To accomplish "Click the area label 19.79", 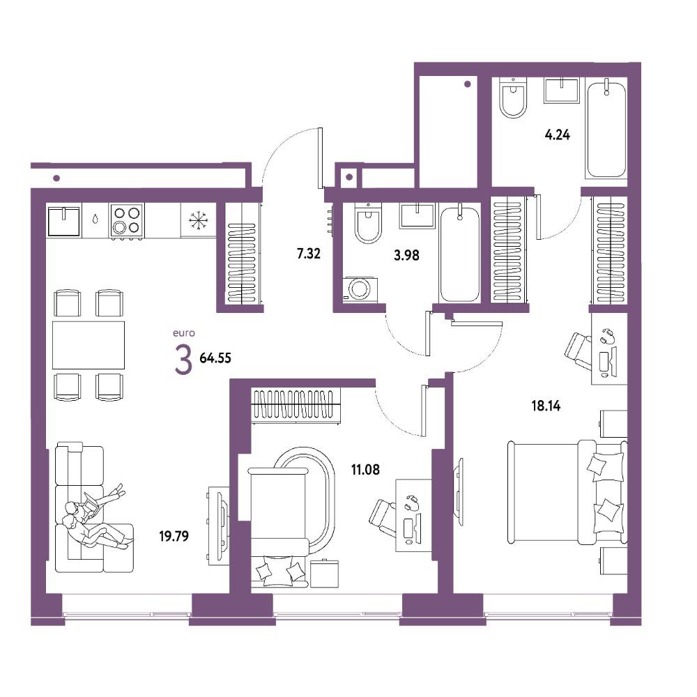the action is [174, 536].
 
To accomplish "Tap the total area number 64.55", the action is [215, 358].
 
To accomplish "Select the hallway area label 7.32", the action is [309, 254].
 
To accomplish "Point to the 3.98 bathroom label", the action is [406, 256].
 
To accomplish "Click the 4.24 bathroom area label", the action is [558, 135].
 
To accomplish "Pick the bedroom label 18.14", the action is [546, 406].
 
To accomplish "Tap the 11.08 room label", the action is [365, 469].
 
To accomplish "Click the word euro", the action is [183, 333].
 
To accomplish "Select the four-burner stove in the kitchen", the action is [127, 221].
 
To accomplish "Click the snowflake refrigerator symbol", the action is [198, 220].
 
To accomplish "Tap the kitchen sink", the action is [64, 221].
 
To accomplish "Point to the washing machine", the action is [360, 289].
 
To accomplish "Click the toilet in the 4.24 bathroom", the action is [513, 98].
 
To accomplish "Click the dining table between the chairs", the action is [89, 345].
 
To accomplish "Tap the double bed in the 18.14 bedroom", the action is [567, 492].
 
